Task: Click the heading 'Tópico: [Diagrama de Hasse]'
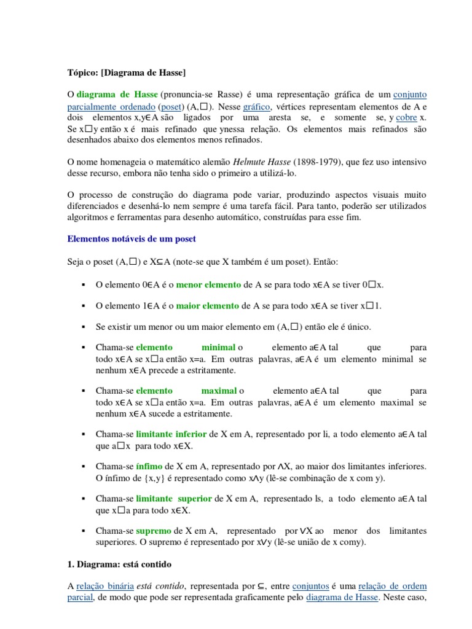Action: coord(125,72)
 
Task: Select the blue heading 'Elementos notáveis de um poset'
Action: coord(131,239)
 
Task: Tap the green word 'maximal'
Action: coord(219,391)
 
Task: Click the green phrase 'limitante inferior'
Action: coord(171,434)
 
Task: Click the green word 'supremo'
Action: coord(154,531)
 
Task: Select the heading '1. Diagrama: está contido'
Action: coord(120,563)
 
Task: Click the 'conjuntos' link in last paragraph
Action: coord(310,586)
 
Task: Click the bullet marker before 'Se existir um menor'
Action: coord(82,327)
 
